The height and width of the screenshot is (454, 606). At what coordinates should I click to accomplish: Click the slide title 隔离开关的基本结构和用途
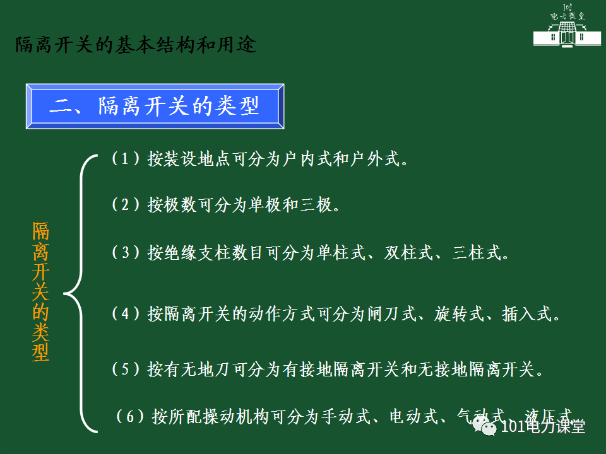click(136, 46)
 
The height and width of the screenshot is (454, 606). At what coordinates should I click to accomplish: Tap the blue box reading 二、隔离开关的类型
click(155, 106)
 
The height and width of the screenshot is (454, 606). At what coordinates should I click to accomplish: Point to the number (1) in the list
click(125, 158)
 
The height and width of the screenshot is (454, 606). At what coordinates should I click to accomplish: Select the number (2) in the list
click(125, 204)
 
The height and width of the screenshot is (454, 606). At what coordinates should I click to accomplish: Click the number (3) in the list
click(125, 253)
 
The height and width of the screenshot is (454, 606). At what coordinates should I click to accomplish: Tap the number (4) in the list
click(125, 313)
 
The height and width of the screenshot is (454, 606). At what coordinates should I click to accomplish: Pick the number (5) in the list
click(125, 368)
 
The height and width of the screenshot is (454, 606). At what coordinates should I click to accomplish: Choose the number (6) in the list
click(129, 416)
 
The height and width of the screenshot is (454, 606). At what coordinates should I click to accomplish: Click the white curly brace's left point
click(65, 293)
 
